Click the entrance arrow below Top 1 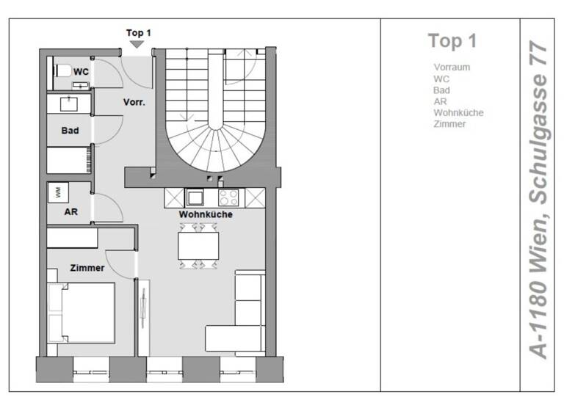pyautogui.click(x=137, y=45)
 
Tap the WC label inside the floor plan pyautogui.click(x=81, y=72)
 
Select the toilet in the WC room pyautogui.click(x=62, y=72)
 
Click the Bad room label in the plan pyautogui.click(x=70, y=131)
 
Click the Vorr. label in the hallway pyautogui.click(x=134, y=103)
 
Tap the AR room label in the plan pyautogui.click(x=70, y=211)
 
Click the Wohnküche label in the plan pyautogui.click(x=206, y=214)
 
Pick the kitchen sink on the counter pyautogui.click(x=196, y=197)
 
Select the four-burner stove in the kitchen pyautogui.click(x=228, y=197)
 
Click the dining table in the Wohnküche pyautogui.click(x=198, y=245)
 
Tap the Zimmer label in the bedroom pyautogui.click(x=87, y=268)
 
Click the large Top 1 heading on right pyautogui.click(x=452, y=41)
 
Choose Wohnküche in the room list pyautogui.click(x=458, y=112)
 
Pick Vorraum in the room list pyautogui.click(x=452, y=68)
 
